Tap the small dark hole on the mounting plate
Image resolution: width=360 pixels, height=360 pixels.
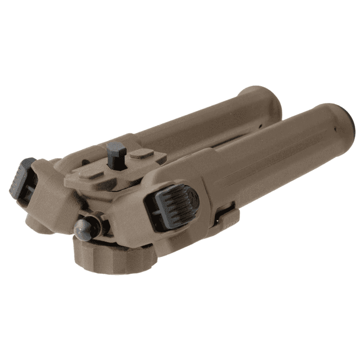click(86, 163)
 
